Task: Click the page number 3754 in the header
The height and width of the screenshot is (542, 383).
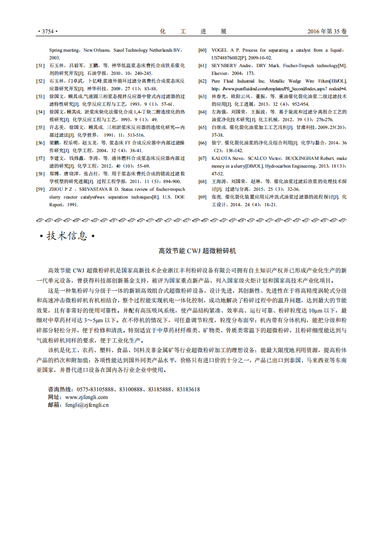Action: (47, 31)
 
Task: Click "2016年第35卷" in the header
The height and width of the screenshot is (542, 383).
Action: (327, 31)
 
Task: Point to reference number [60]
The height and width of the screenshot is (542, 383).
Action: (203, 50)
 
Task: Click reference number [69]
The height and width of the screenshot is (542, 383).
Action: (203, 197)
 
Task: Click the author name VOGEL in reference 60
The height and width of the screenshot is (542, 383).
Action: (220, 50)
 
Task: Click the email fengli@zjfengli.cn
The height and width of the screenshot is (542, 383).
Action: (87, 405)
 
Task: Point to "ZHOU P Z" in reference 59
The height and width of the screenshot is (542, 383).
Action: (61, 189)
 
